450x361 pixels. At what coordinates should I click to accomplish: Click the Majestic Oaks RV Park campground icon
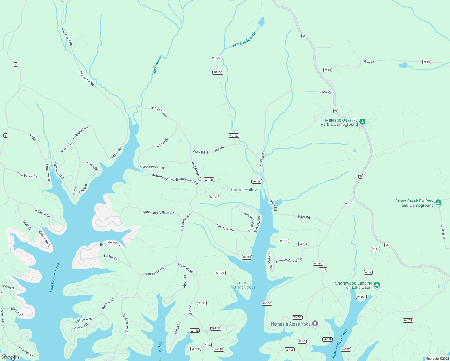[x=362, y=122]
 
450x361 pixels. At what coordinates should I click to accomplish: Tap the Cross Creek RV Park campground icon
[x=438, y=203]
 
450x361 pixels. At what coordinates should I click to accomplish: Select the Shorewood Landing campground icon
[x=377, y=285]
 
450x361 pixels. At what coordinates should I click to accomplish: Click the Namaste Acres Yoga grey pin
[x=315, y=324]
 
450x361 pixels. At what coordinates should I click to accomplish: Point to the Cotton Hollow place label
[x=244, y=190]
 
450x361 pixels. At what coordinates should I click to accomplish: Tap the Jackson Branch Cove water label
[x=244, y=285]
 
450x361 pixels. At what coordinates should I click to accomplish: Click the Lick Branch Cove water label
[x=54, y=277]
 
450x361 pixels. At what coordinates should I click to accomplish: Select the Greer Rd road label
[x=368, y=62]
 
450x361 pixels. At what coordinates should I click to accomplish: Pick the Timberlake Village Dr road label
[x=158, y=212]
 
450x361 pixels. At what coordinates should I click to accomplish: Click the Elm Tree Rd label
[x=225, y=228]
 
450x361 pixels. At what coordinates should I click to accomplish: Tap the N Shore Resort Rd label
[x=289, y=260]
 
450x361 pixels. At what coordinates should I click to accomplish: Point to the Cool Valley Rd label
[x=27, y=175]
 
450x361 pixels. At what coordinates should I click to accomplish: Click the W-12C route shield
[x=216, y=58]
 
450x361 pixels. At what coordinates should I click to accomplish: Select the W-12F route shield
[x=247, y=257]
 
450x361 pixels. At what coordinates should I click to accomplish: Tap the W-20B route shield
[x=408, y=320]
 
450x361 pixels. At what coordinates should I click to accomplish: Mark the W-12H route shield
[x=220, y=273]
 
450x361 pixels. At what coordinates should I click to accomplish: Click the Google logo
[x=10, y=357]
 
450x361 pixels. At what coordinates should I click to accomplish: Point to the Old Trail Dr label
[x=443, y=231]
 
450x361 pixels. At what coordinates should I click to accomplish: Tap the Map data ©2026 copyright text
[x=437, y=359]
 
